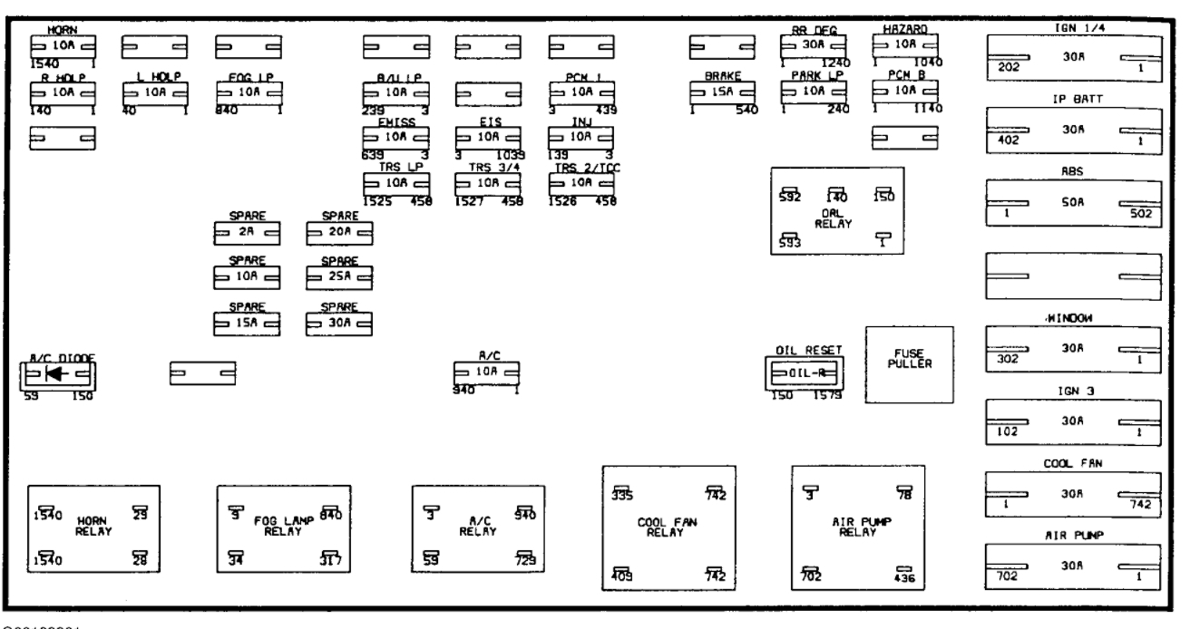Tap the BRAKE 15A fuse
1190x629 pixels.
(721, 92)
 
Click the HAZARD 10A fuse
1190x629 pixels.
(905, 44)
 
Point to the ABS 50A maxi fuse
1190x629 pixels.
(1073, 206)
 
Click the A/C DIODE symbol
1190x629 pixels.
(58, 373)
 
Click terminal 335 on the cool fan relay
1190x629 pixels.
(622, 492)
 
